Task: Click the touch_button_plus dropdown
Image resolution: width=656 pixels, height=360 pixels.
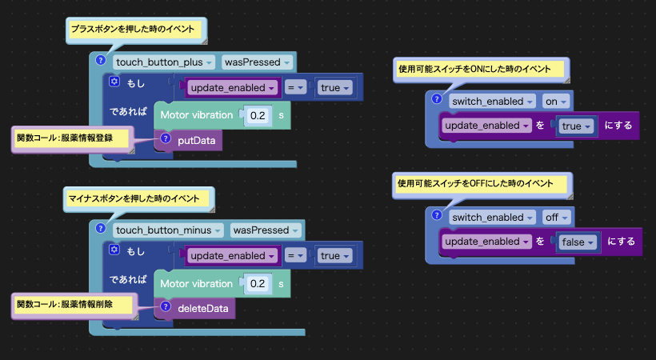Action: pos(164,62)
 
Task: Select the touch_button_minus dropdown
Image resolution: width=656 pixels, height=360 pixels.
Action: pos(168,230)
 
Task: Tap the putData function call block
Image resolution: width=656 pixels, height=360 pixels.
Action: pos(188,140)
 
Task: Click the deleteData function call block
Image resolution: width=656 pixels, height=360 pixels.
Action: pos(194,309)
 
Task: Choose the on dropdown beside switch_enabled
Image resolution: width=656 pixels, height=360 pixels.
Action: pos(555,102)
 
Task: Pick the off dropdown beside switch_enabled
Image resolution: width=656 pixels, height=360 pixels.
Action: pos(556,218)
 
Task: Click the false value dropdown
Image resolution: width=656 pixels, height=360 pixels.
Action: pos(578,242)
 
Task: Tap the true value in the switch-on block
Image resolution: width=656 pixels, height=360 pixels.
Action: pos(576,126)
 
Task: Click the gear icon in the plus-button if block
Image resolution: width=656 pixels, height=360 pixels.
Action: pos(114,82)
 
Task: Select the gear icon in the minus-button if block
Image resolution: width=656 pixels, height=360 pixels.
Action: pos(114,250)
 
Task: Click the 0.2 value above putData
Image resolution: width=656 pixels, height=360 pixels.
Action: pos(258,115)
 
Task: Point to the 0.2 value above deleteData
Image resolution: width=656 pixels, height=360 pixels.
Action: pos(258,284)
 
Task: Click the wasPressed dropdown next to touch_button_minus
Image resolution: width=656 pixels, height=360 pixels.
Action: pos(266,230)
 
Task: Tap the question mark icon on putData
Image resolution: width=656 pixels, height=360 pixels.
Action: pos(166,138)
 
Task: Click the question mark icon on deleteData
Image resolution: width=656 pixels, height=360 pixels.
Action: pos(166,306)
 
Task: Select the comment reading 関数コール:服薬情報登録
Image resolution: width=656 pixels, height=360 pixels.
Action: pos(72,138)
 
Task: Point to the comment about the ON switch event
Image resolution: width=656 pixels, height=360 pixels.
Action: pos(481,70)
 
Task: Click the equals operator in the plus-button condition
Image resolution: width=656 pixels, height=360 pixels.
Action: pos(296,88)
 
